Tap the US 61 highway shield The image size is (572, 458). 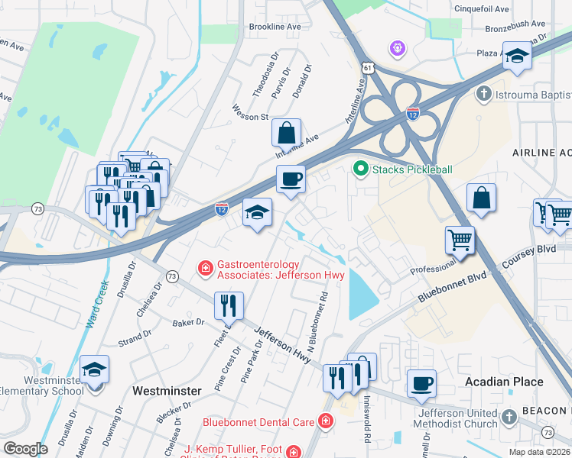click(x=369, y=69)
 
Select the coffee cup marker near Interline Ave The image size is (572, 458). click(x=291, y=180)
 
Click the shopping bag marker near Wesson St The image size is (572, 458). click(x=286, y=133)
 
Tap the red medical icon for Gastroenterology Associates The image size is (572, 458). click(x=205, y=267)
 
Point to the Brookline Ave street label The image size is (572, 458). click(x=275, y=27)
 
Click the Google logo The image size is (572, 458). click(x=26, y=448)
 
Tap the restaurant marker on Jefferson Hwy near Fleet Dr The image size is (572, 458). click(x=229, y=306)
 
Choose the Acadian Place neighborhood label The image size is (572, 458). click(x=505, y=382)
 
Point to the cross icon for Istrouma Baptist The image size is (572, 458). click(x=483, y=95)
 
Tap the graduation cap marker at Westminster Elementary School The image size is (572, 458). click(x=95, y=370)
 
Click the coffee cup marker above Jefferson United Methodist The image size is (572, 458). click(x=421, y=383)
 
